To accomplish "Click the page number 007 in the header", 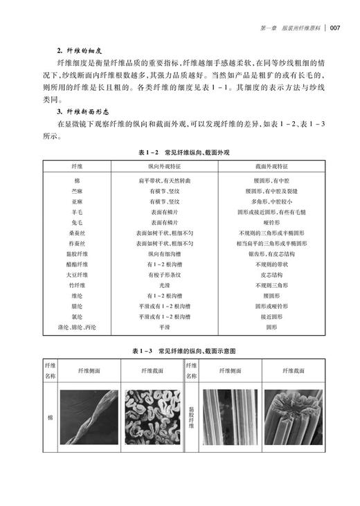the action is (334, 28).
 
